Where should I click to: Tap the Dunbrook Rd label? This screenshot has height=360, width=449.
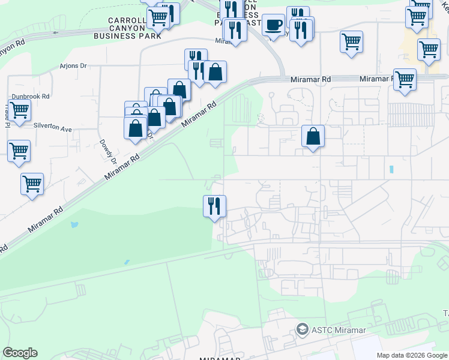(x=29, y=96)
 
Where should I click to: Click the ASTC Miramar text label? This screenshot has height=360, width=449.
(x=338, y=329)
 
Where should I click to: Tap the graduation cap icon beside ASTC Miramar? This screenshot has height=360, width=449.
(x=303, y=329)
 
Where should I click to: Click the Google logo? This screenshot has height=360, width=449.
(x=20, y=353)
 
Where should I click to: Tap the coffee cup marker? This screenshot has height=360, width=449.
(x=274, y=25)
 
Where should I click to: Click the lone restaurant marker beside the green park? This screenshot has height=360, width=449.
(x=214, y=206)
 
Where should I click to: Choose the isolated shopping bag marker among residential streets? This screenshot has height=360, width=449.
(x=313, y=136)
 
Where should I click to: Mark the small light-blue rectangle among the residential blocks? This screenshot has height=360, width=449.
(x=391, y=169)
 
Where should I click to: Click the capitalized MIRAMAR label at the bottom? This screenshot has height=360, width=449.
(x=220, y=358)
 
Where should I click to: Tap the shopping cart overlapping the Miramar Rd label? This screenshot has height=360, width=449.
(x=405, y=79)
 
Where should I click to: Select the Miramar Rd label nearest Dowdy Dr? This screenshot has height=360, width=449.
(x=122, y=166)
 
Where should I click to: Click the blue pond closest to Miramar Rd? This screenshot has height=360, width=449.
(x=74, y=225)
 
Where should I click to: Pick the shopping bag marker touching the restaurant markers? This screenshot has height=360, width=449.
(x=215, y=72)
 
